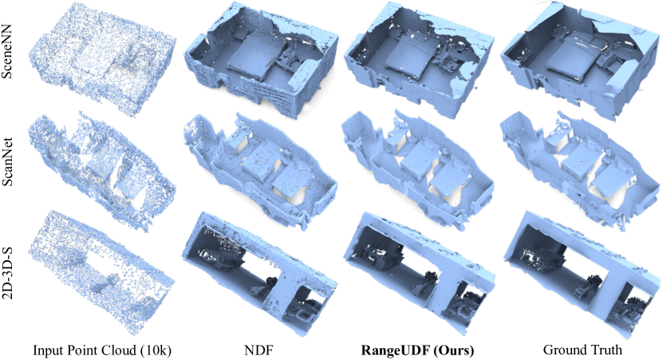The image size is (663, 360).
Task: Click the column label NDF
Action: click(x=258, y=350)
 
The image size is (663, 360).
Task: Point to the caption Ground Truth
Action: click(x=582, y=350)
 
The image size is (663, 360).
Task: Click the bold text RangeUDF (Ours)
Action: click(x=417, y=350)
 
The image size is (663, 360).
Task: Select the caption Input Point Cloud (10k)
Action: click(x=102, y=350)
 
